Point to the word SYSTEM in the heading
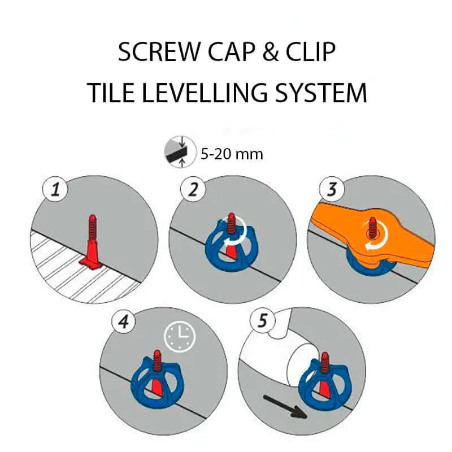pyautogui.click(x=320, y=93)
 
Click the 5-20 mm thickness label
pyautogui.click(x=232, y=154)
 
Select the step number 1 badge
pyautogui.click(x=55, y=190)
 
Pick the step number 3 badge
pyautogui.click(x=332, y=189)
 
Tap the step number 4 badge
pyautogui.click(x=124, y=321)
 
